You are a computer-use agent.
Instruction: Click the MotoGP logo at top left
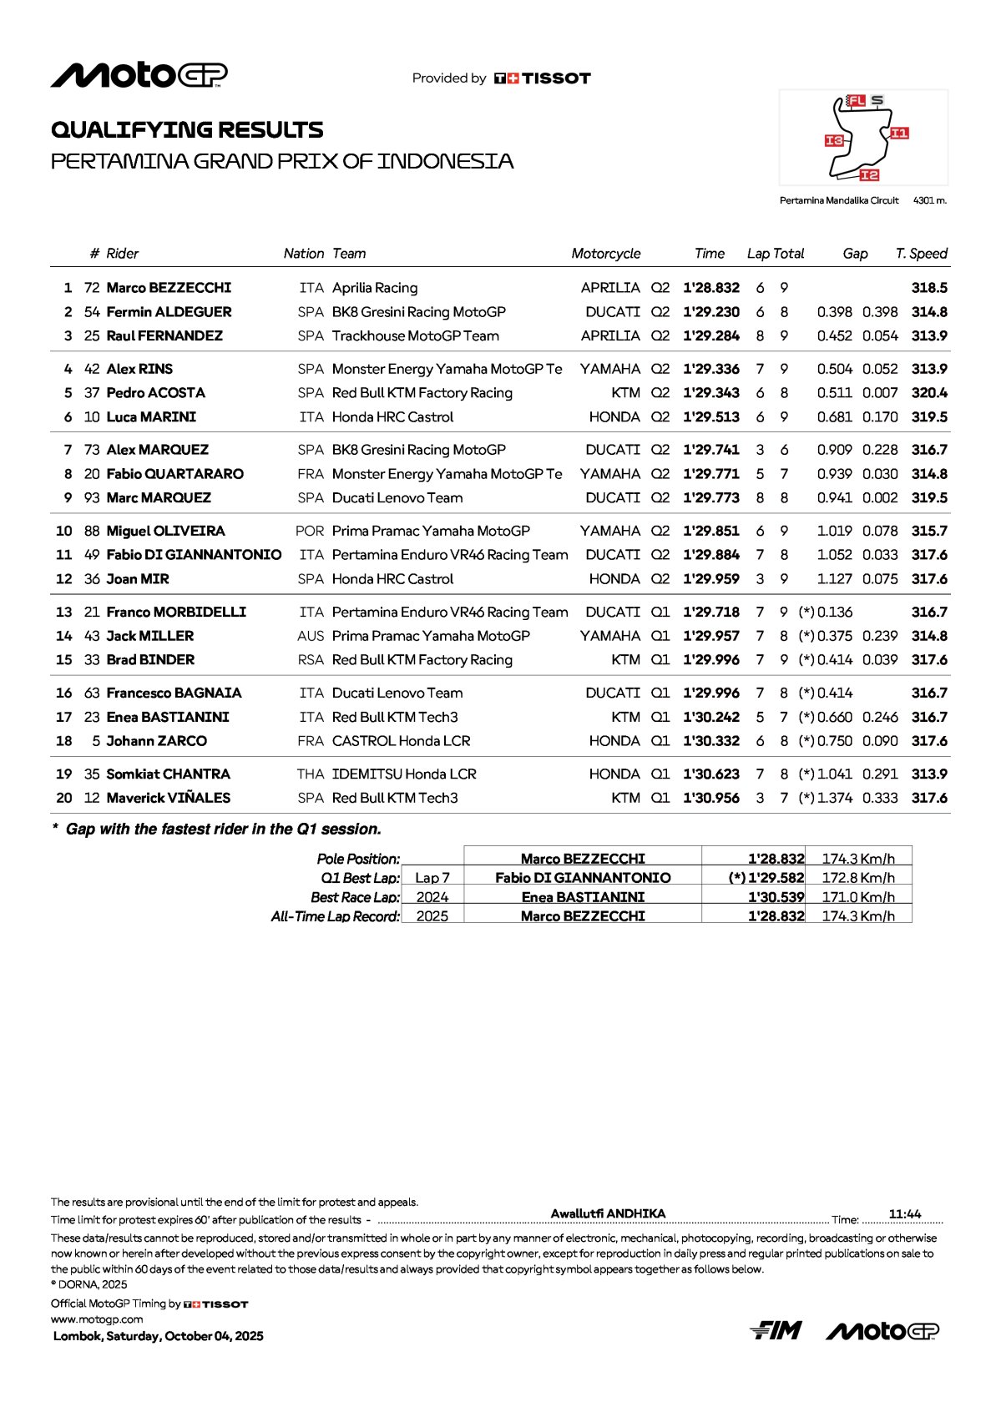pos(139,75)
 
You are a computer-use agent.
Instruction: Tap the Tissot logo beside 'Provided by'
pos(543,78)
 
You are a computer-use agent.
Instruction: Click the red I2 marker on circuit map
pos(869,174)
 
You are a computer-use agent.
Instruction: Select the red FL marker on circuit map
pos(857,101)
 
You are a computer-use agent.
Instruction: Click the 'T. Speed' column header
pos(921,254)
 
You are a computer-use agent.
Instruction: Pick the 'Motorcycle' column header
pos(605,254)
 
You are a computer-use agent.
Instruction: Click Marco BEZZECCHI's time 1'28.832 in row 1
pos(710,288)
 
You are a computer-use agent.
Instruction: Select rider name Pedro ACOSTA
pos(155,393)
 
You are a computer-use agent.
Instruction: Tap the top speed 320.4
pos(929,393)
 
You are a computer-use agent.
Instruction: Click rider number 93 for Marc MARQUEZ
pos(92,498)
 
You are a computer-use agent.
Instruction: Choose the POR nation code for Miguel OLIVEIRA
pos(309,531)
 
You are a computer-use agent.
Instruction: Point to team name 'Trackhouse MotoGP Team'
pos(415,336)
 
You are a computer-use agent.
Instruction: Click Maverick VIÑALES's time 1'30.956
pos(710,798)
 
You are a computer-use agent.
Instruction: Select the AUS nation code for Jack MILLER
pos(310,636)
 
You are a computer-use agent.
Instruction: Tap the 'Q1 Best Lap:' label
pos(360,878)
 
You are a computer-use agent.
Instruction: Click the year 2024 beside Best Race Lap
pos(432,897)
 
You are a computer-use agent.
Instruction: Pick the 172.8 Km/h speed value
pos(858,878)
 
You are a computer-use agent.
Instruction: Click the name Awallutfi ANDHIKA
pos(608,1213)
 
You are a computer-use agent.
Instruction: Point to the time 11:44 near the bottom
pos(905,1214)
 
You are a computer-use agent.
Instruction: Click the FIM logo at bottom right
pos(776,1330)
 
